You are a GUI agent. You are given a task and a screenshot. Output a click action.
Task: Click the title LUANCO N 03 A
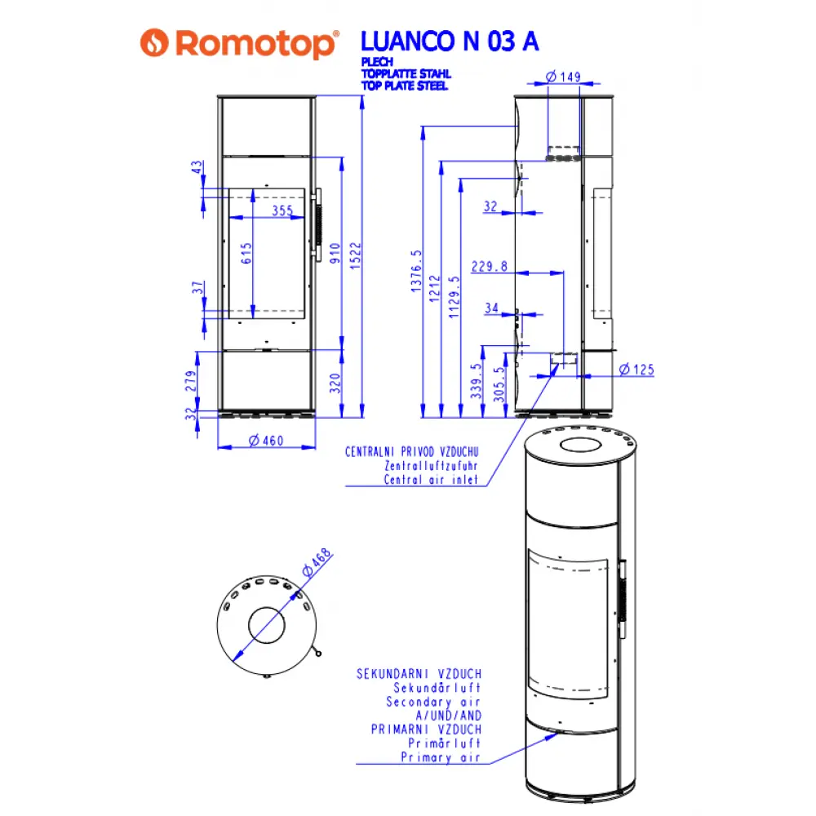[450, 42]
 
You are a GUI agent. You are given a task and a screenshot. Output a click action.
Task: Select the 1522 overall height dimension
[356, 258]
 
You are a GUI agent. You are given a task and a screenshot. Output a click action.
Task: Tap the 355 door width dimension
[282, 211]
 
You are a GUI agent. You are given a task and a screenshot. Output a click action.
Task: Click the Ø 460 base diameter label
[266, 441]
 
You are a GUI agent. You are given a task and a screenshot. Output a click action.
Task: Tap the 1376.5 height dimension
[416, 272]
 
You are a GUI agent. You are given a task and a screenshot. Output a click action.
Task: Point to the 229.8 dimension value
[490, 266]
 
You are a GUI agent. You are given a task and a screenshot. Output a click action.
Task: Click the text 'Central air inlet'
[430, 480]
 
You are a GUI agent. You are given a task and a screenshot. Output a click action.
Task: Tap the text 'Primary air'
[440, 758]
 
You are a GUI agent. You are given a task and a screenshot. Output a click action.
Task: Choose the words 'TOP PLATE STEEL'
[405, 86]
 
